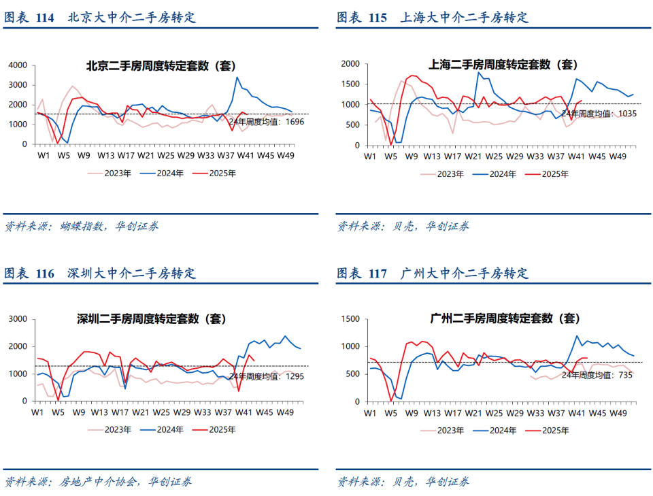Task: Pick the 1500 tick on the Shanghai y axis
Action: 350,84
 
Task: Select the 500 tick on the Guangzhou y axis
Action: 352,374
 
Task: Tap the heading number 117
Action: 377,274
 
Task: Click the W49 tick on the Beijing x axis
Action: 286,155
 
